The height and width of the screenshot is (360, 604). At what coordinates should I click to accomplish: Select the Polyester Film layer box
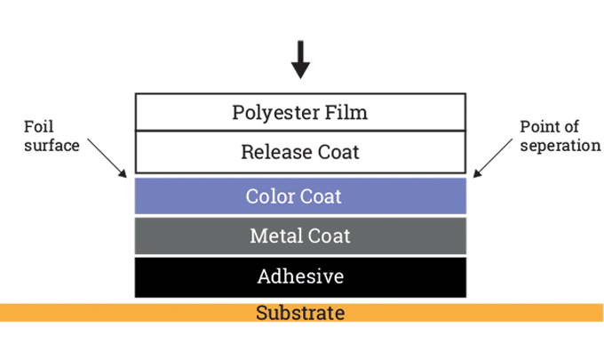pos(300,113)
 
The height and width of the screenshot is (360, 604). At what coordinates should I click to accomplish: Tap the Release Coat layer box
pos(300,152)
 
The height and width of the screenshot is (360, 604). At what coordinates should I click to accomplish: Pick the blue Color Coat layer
pos(300,196)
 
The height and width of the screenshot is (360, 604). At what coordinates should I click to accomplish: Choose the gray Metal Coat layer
pos(300,236)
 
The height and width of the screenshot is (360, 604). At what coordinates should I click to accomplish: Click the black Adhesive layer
pos(300,276)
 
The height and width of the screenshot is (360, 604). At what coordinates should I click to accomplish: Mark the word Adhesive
pos(300,276)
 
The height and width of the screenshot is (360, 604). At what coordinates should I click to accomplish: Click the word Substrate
pos(300,313)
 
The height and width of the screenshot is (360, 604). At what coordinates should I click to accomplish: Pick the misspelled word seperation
pos(560,145)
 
